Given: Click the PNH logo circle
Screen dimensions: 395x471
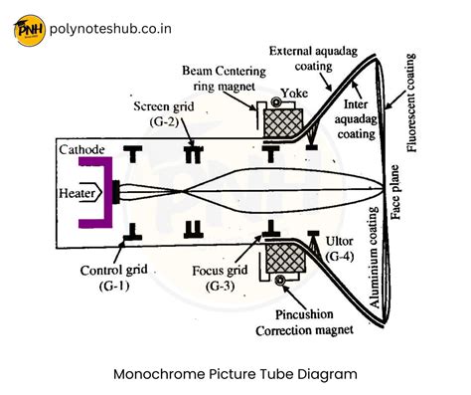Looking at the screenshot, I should (31, 29).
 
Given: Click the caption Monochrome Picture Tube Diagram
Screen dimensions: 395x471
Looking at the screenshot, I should (235, 374).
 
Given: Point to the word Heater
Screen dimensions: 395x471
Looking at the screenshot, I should (79, 190).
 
